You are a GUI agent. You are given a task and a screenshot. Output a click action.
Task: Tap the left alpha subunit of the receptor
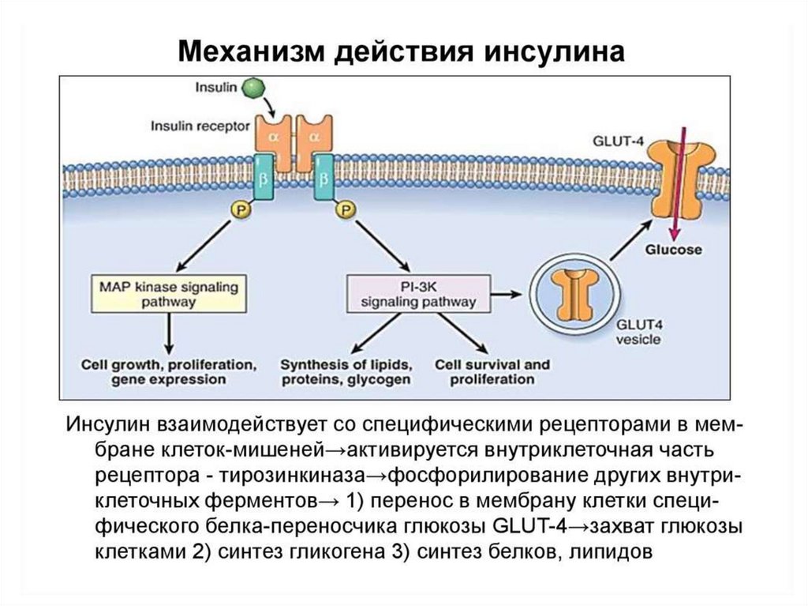click(271, 136)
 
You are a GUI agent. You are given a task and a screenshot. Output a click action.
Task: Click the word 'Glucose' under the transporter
click(674, 250)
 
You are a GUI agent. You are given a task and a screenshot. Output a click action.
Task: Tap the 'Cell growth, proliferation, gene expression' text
click(168, 372)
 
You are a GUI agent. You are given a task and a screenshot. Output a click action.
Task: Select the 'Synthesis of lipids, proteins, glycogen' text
click(346, 372)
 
